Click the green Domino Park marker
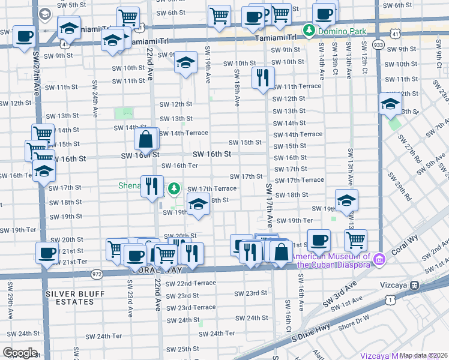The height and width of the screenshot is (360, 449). pos(309,29)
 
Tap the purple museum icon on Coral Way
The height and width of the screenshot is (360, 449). pos(379,259)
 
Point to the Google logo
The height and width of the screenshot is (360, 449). pos(20,353)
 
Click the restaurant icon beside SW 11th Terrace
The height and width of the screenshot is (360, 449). pos(263,79)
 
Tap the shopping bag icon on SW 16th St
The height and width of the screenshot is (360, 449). pos(146,140)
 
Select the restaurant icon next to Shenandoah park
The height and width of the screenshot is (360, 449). pos(152,185)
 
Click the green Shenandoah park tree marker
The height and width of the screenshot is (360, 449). pos(174,189)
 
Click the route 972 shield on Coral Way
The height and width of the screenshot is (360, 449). pos(97,274)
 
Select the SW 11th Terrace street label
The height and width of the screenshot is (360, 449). pos(298,86)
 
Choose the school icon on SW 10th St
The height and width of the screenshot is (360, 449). pos(185,62)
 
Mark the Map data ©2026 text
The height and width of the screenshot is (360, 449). pos(423,355)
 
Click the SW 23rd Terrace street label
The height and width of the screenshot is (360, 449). pos(191,307)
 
